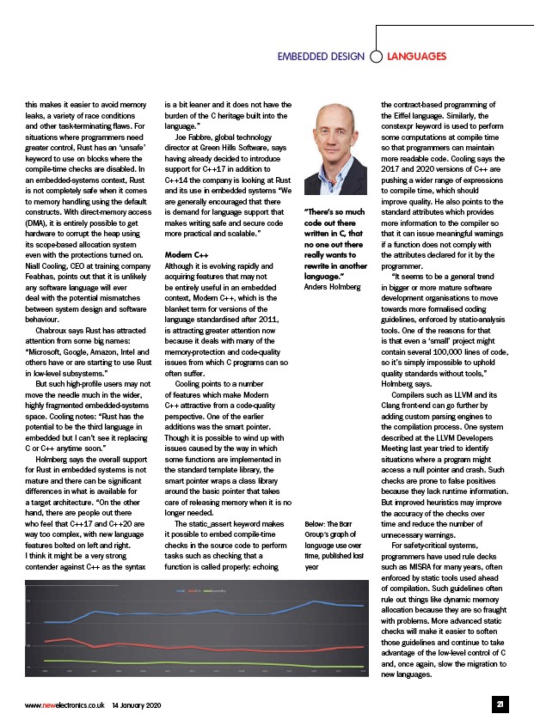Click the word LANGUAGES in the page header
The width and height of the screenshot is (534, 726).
click(x=417, y=57)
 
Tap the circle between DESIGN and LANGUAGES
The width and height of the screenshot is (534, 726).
click(x=376, y=57)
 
